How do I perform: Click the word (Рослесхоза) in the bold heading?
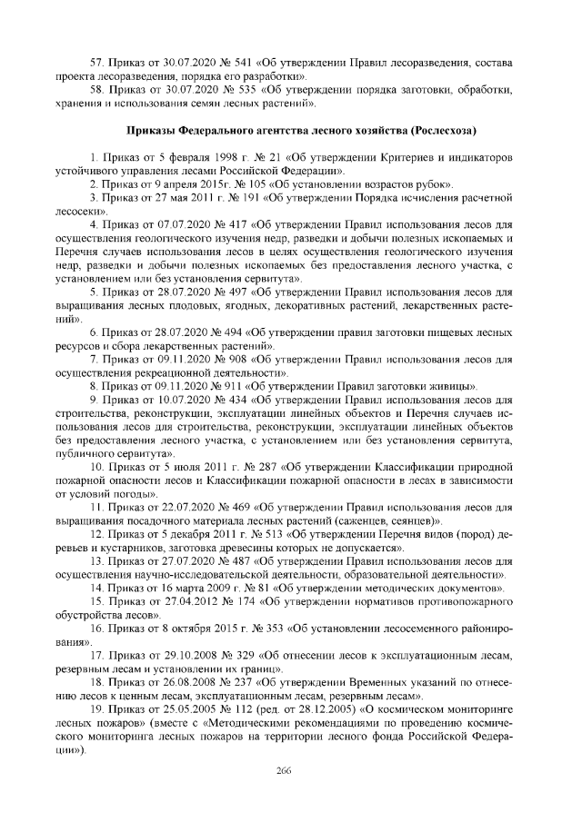coord(446,130)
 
